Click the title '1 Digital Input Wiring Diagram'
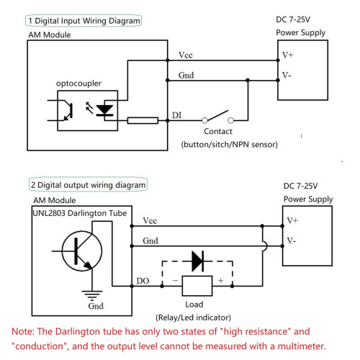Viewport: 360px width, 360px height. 84,21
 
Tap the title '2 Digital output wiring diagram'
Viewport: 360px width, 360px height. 88,185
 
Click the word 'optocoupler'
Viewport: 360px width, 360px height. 78,84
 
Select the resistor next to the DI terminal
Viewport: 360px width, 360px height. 143,120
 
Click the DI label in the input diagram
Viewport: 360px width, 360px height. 176,115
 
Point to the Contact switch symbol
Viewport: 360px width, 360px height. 217,117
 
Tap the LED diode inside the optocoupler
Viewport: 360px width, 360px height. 104,110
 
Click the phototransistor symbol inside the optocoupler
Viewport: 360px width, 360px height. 68,111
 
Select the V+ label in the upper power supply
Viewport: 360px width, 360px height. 287,55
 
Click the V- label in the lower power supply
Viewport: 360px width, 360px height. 292,240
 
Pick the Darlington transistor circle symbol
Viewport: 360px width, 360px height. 81,251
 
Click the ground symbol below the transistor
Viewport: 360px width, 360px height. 92,295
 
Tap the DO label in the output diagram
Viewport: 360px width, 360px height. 143,281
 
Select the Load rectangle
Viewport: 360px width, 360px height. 197,286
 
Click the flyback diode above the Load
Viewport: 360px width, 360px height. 198,261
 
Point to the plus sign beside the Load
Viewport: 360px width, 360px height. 220,280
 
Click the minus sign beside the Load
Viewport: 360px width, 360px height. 175,280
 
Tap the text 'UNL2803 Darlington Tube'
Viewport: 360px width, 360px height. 79,213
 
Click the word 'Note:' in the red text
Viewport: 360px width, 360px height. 23,332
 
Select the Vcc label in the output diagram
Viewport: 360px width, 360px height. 150,221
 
